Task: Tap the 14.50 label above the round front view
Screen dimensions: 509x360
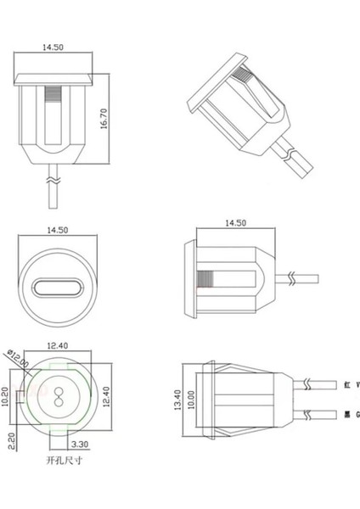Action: coord(58,230)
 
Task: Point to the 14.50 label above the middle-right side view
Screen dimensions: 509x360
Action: coord(235,222)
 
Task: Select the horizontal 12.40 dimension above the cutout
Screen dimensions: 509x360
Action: coord(58,345)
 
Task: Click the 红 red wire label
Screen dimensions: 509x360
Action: coord(347,384)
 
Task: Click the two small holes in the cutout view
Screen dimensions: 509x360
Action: coord(58,395)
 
